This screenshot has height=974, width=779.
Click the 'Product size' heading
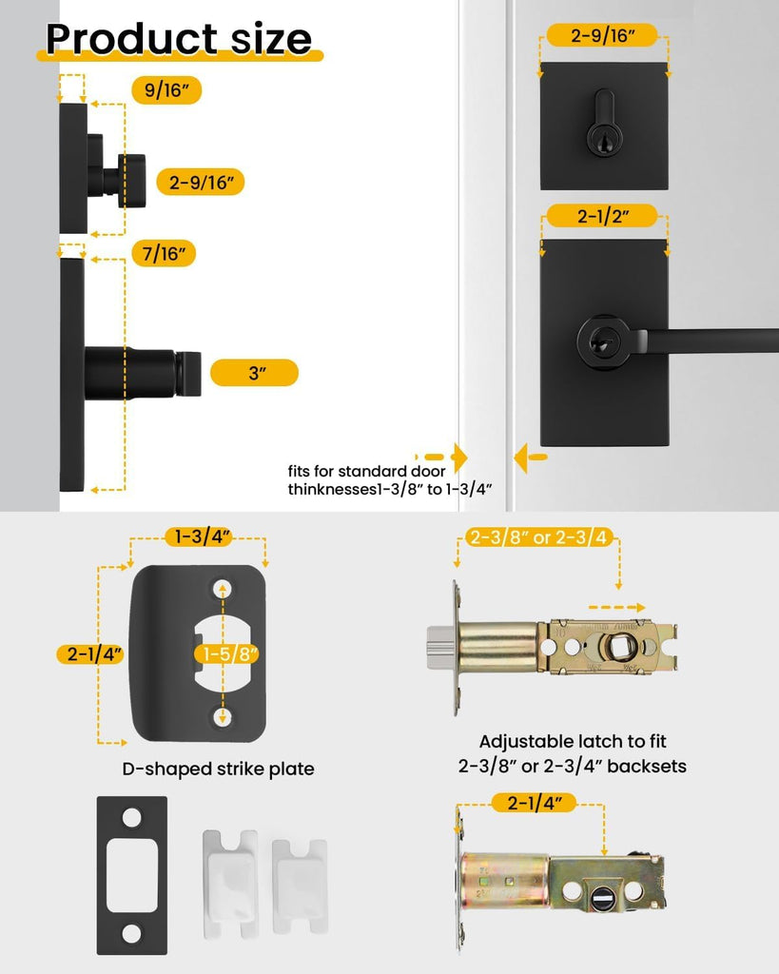coord(179,38)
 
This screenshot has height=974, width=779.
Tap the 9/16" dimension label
coord(166,90)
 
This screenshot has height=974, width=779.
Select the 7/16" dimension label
coord(164,253)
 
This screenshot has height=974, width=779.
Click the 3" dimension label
coord(255,373)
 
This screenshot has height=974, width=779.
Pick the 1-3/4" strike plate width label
coord(199,536)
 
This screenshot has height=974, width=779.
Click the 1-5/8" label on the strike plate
coord(228,654)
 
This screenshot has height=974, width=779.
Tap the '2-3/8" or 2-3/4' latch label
coord(539,537)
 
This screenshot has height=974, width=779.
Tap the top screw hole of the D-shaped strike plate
coord(223,589)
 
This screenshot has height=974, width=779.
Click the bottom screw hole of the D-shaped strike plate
coord(223,717)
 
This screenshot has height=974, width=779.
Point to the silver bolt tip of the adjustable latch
coord(438,648)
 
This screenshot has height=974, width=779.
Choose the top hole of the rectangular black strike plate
coord(131,817)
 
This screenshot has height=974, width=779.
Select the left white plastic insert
coord(230,882)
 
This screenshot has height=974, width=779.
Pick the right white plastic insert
coord(300,886)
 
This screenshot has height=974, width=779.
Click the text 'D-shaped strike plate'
coord(218,769)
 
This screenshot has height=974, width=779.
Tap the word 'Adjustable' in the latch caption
coord(526,742)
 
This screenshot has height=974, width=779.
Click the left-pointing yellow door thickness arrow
coord(530,458)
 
